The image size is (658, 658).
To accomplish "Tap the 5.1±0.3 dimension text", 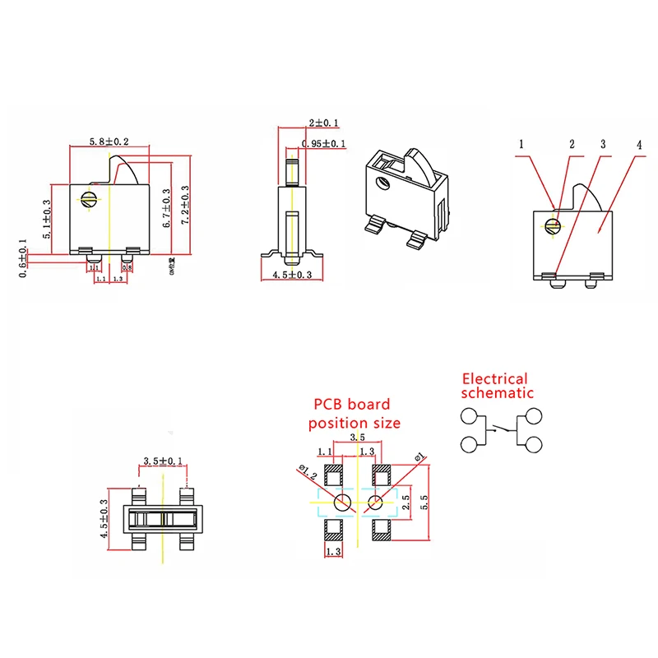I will click(47, 220).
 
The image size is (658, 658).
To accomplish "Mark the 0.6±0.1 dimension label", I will click(22, 258).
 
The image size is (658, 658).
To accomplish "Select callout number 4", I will click(638, 145).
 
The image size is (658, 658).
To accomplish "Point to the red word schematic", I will click(498, 394).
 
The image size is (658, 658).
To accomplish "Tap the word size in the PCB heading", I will click(384, 423).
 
